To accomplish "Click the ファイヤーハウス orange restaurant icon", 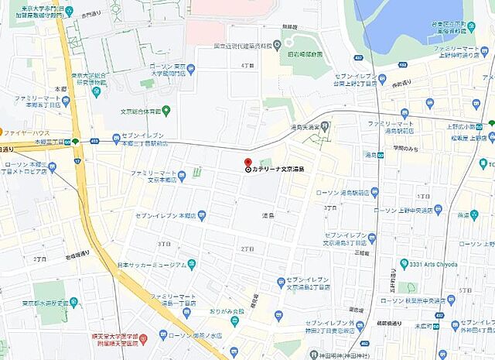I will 2,131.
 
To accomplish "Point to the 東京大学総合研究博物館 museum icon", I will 96,91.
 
